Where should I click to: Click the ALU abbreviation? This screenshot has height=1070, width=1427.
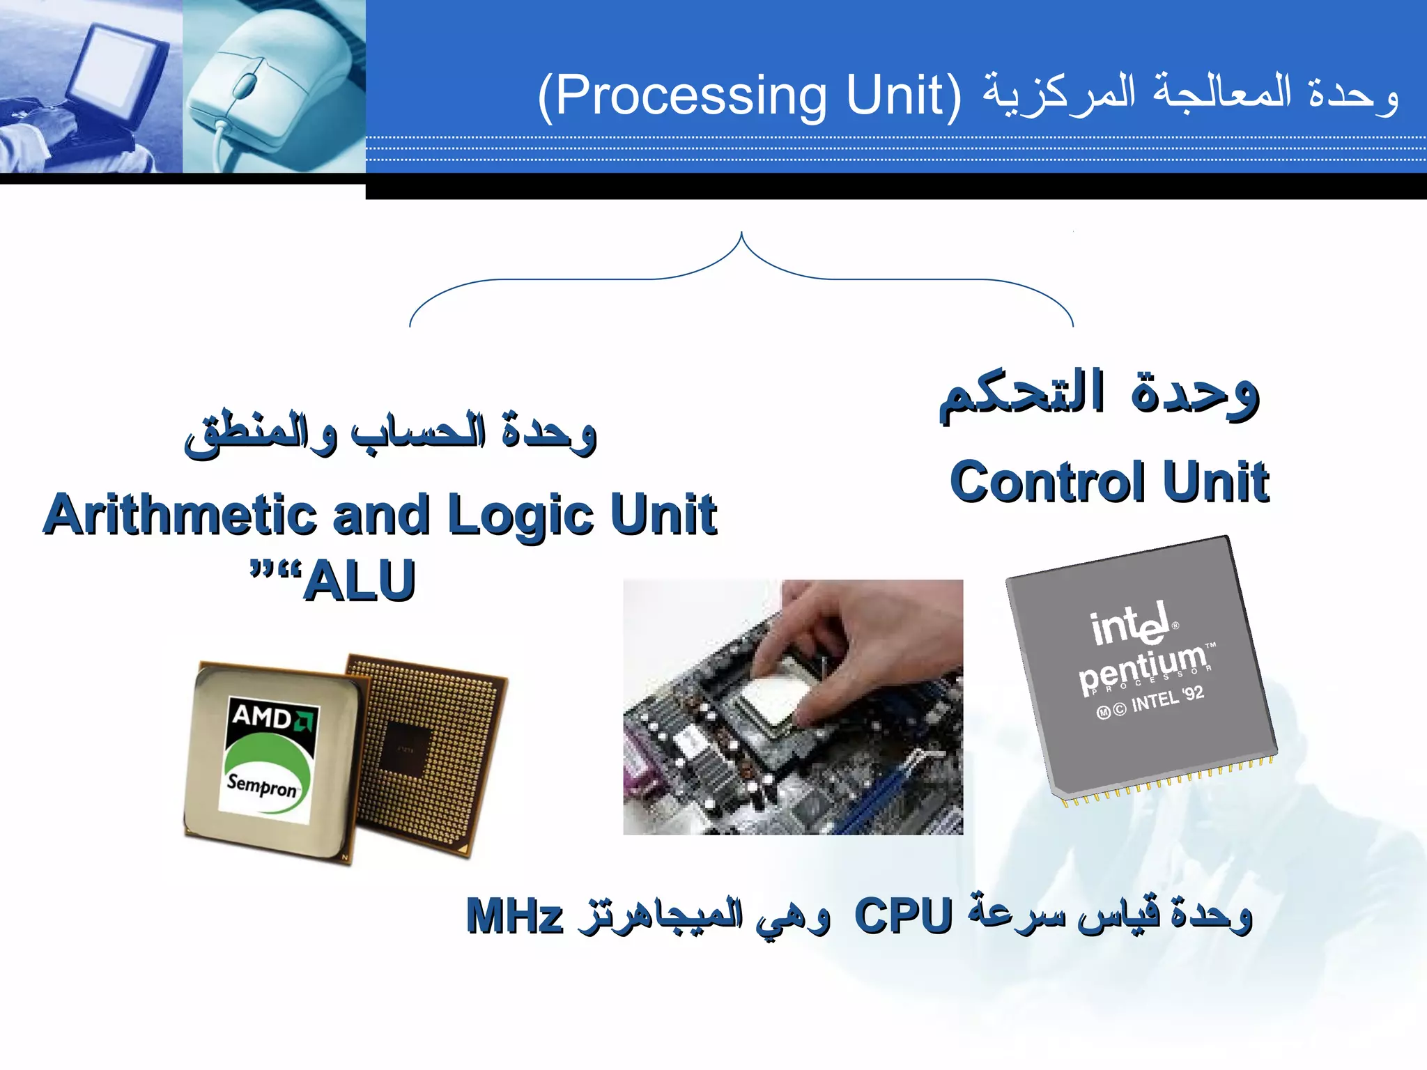[x=360, y=581]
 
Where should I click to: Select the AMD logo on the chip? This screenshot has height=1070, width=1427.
[x=272, y=716]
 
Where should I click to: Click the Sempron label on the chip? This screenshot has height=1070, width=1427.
[x=262, y=786]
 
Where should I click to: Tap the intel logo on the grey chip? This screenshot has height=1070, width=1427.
[x=1130, y=624]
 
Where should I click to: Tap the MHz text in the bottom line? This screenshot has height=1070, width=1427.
[x=514, y=916]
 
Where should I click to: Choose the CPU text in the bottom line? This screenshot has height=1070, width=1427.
[x=903, y=916]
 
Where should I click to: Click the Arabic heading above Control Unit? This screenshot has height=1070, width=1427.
[x=1099, y=394]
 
